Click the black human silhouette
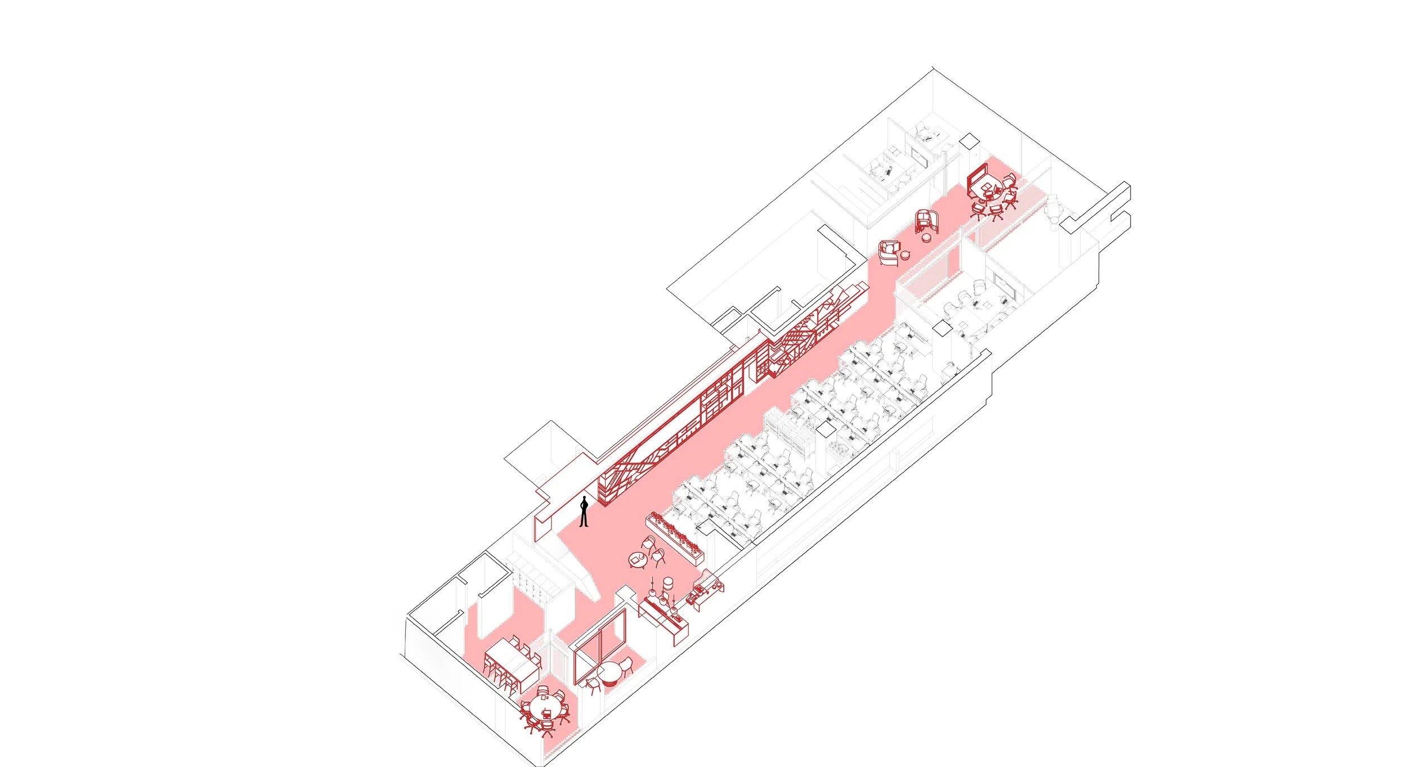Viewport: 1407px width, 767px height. tap(584, 512)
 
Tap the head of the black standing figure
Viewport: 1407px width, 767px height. tap(585, 499)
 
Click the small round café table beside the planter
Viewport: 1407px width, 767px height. tap(638, 560)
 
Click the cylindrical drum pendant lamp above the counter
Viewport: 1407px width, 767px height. tap(668, 582)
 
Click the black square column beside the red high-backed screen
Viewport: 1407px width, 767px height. tap(969, 141)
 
